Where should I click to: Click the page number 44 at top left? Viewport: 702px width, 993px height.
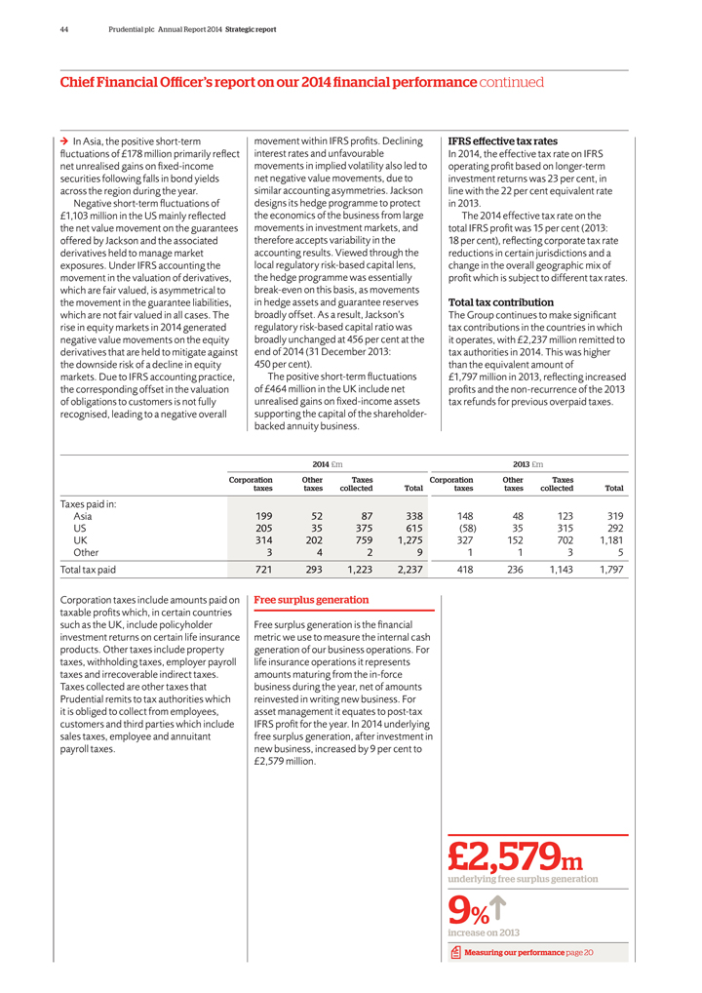[63, 29]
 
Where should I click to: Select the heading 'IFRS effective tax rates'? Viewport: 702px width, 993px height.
[502, 141]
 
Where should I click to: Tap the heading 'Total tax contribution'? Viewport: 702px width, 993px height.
[500, 302]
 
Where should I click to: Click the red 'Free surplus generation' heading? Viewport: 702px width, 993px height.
[311, 599]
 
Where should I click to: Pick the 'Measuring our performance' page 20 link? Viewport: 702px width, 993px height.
[527, 952]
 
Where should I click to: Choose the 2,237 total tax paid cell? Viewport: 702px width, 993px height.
[405, 569]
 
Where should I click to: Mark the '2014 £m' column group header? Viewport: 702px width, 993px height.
[326, 463]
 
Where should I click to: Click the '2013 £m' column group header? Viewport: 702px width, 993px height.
[527, 463]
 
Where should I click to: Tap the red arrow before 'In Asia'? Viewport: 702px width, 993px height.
[64, 142]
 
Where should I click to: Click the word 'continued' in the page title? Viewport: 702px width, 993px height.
[511, 83]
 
